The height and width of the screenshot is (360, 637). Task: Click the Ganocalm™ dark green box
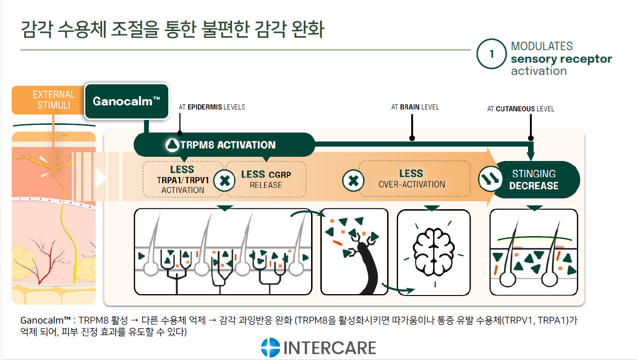click(x=127, y=101)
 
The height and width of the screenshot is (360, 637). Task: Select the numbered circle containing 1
click(x=491, y=54)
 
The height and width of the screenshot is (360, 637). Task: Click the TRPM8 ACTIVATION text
click(x=228, y=145)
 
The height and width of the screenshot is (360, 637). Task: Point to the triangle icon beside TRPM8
click(x=172, y=145)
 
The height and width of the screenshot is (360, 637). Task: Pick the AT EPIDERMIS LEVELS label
click(x=212, y=107)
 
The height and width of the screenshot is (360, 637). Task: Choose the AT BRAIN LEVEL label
click(x=415, y=107)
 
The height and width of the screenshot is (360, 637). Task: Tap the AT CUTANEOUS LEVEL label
click(x=521, y=109)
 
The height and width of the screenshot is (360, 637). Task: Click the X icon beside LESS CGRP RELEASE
click(x=224, y=181)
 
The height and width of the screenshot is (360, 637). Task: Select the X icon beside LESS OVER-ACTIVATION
click(x=353, y=181)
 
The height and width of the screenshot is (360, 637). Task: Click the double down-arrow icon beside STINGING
click(x=490, y=179)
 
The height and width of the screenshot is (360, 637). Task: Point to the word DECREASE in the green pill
click(x=534, y=186)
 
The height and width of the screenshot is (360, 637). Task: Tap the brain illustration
click(x=433, y=252)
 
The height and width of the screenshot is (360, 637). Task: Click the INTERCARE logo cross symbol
click(x=270, y=347)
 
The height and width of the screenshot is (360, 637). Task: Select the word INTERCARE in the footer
click(x=330, y=348)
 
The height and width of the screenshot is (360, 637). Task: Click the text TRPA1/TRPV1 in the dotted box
click(x=183, y=180)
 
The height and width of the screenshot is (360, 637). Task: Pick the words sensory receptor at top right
click(x=561, y=59)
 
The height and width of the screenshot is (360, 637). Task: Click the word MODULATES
click(x=542, y=46)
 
